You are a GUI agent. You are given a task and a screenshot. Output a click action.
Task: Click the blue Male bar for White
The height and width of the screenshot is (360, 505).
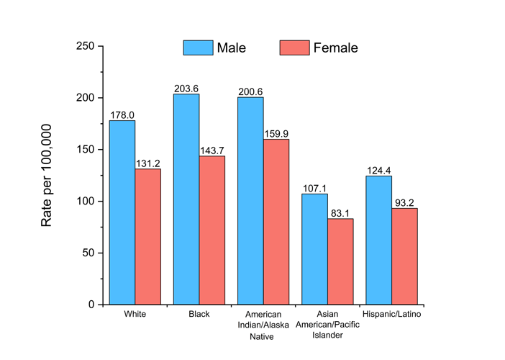pyautogui.click(x=122, y=212)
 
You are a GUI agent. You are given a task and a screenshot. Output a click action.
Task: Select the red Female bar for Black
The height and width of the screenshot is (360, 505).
pyautogui.click(x=212, y=230)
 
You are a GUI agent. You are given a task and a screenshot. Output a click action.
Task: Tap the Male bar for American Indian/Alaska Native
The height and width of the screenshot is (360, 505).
pyautogui.click(x=250, y=201)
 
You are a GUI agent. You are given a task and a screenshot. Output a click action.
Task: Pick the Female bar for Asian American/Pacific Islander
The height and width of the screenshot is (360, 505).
pyautogui.click(x=340, y=261)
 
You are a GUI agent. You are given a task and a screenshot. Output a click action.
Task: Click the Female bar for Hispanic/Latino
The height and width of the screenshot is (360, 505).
pyautogui.click(x=404, y=256)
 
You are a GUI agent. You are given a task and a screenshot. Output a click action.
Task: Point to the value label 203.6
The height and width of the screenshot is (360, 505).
pyautogui.click(x=186, y=89)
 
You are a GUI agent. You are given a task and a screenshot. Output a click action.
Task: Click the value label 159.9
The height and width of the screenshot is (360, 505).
pyautogui.click(x=276, y=133)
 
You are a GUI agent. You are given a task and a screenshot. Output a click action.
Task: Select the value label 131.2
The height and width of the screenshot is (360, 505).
pyautogui.click(x=148, y=163)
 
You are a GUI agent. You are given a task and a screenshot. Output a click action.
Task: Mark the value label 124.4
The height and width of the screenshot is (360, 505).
pyautogui.click(x=379, y=170)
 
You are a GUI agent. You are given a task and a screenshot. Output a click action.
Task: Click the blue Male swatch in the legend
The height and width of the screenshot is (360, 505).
pyautogui.click(x=198, y=48)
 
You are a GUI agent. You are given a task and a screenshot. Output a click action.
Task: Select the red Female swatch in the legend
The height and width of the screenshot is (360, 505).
pyautogui.click(x=294, y=48)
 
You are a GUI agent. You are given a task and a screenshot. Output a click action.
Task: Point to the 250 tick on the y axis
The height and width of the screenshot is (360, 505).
pyautogui.click(x=86, y=46)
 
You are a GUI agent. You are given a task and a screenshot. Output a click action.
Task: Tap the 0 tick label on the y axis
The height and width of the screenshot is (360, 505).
pyautogui.click(x=91, y=305)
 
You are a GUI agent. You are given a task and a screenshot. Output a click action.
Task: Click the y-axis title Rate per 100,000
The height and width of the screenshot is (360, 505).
pyautogui.click(x=47, y=175)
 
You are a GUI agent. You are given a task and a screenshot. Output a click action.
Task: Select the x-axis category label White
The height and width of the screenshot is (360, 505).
pyautogui.click(x=135, y=315)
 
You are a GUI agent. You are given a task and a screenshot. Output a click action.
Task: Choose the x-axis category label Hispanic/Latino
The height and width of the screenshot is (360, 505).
pyautogui.click(x=392, y=315)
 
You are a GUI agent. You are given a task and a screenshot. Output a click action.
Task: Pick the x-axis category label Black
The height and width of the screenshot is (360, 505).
pyautogui.click(x=199, y=315)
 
